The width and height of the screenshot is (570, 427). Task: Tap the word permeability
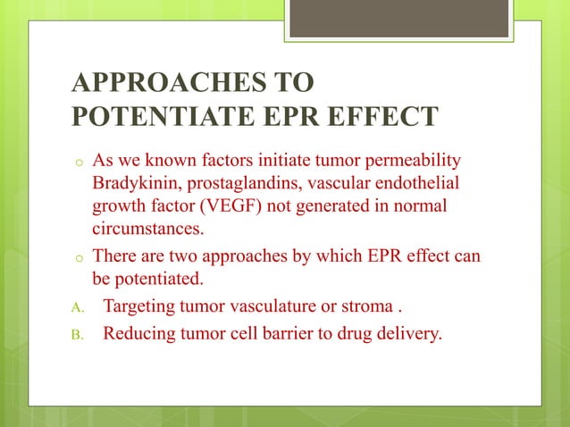pyautogui.click(x=409, y=161)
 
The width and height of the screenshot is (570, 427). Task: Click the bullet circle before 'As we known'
pyautogui.click(x=79, y=163)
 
